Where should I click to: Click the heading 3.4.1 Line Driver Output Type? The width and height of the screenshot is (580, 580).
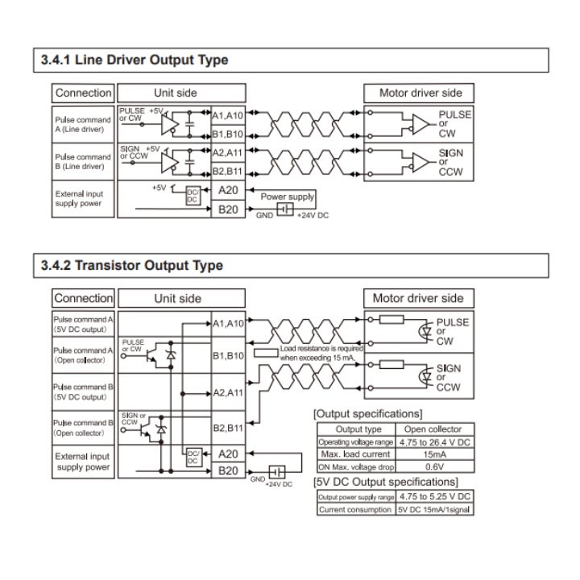tap(135, 60)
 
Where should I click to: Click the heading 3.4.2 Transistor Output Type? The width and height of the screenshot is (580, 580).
tap(131, 265)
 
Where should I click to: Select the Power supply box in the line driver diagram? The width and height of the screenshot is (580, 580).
tap(287, 197)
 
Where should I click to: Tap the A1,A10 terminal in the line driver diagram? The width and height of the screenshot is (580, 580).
tap(228, 114)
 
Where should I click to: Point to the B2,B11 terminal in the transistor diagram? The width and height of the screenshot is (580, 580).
tap(228, 428)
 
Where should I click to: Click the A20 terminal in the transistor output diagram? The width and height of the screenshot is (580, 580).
tap(228, 454)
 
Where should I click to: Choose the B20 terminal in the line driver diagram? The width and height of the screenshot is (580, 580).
tap(228, 209)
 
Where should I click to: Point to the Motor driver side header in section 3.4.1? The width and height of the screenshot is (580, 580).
tap(420, 93)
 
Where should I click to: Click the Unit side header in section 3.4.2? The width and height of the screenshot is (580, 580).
tap(177, 298)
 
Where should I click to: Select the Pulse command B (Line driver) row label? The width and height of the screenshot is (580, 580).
tap(84, 162)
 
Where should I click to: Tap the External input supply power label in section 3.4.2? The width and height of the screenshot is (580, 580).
tap(82, 462)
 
